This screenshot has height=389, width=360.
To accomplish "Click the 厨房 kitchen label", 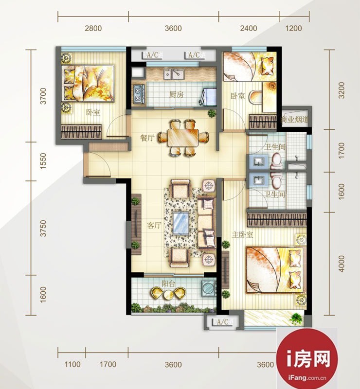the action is pos(176,94).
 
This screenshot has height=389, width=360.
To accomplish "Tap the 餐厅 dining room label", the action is pos(147,138).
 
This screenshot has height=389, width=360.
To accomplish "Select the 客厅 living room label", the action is pos(154,225).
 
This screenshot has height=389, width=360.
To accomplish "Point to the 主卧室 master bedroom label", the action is pos(242,234).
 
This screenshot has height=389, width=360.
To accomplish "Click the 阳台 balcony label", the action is pos(168,283).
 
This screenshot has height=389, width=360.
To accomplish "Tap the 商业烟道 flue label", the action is pos(294,120).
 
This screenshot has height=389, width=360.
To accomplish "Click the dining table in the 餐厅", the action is pos(183,138).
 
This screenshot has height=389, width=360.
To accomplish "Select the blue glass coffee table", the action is pos(181,223).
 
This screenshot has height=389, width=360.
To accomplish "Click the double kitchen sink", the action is pos(174,74).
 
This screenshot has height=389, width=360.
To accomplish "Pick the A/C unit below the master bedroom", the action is pos(223,322).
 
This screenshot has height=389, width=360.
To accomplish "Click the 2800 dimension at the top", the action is pos(93,28).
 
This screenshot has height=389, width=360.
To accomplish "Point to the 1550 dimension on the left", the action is pos(43,161).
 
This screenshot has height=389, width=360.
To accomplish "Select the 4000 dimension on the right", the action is pos(342,264).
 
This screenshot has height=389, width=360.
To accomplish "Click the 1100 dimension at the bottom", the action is pos(72,364).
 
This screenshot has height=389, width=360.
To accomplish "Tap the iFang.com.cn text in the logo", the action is pos(307,378).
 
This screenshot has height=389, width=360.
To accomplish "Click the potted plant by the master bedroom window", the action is pos(296,318).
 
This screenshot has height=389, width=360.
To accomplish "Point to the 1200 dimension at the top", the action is pos(294,28).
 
